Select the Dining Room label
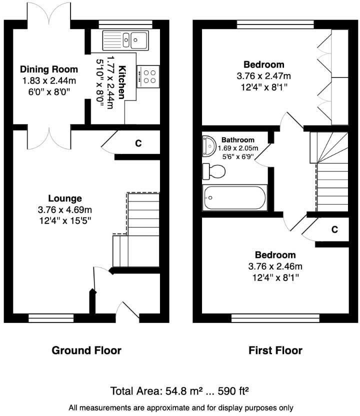[x=48, y=69]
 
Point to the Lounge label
[x=65, y=198]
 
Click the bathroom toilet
[x=213, y=171]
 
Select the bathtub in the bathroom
[x=234, y=198]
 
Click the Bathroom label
[x=238, y=140]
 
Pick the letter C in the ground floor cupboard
[x=138, y=143]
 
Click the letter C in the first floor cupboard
[x=334, y=229]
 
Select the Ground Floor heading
[x=86, y=350]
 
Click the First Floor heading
[x=275, y=350]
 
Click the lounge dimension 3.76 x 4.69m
[x=65, y=209]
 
